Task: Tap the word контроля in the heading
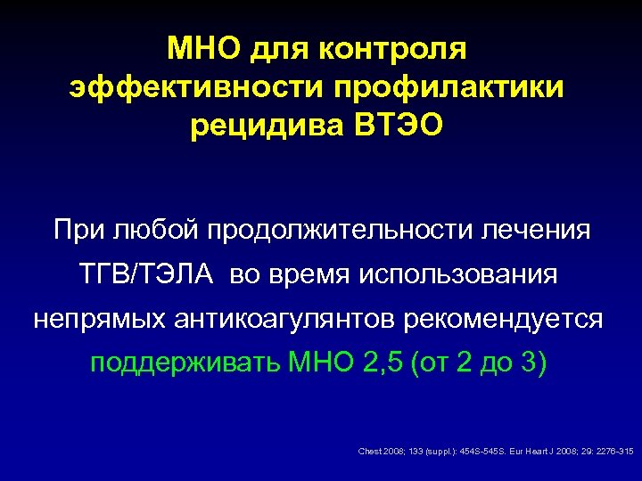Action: click(x=393, y=49)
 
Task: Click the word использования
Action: click(x=458, y=275)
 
